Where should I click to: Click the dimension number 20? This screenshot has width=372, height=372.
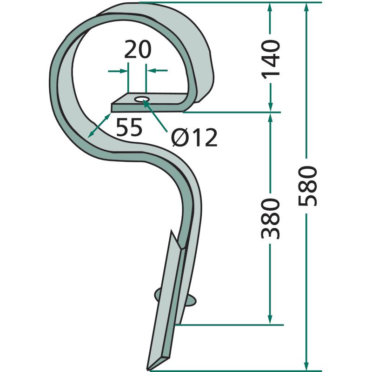tap(138, 49)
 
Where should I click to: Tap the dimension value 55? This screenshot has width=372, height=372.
tap(129, 127)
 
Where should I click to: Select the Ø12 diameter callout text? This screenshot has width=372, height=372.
tap(194, 138)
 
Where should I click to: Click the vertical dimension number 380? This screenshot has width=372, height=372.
tap(271, 219)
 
